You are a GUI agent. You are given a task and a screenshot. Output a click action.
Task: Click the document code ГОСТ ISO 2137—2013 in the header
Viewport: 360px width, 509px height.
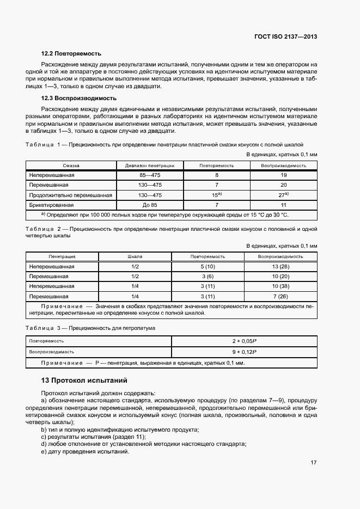pyautogui.click(x=285, y=37)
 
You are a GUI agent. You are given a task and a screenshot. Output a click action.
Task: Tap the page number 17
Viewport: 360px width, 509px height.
pyautogui.click(x=313, y=463)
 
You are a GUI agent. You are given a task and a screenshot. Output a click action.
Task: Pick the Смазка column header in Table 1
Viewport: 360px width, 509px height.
pyautogui.click(x=71, y=165)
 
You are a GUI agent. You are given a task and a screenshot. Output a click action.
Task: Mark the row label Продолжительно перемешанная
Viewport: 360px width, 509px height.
pyautogui.click(x=71, y=195)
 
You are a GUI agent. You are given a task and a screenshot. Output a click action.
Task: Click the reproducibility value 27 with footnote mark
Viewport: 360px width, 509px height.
pyautogui.click(x=283, y=195)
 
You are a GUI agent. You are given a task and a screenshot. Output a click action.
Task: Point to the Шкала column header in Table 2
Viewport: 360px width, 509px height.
pyautogui.click(x=135, y=256)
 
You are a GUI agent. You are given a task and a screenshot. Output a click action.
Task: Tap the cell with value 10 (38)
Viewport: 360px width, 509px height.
pyautogui.click(x=280, y=286)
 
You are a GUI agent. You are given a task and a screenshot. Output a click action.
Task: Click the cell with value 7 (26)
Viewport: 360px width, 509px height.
pyautogui.click(x=280, y=297)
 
